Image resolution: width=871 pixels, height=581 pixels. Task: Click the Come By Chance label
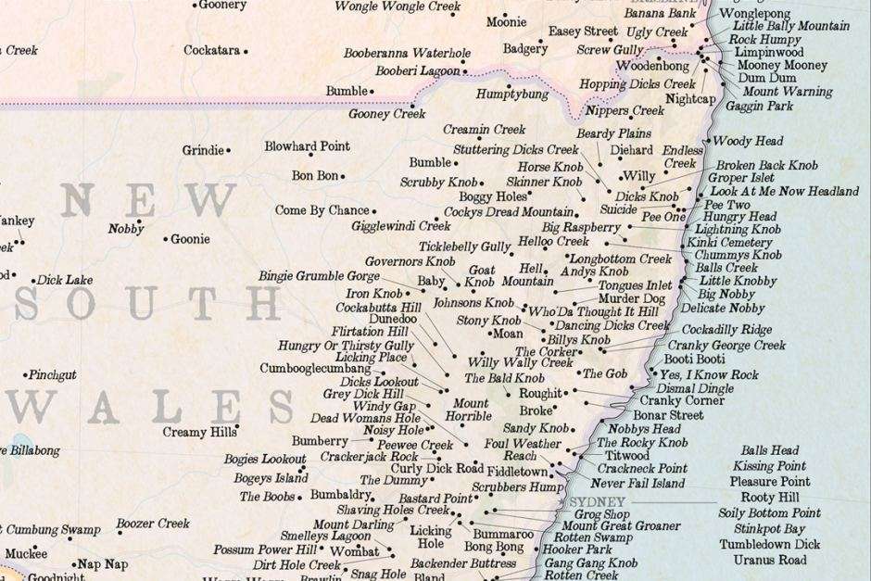[322, 210]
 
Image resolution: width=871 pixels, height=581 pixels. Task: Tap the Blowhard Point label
[307, 146]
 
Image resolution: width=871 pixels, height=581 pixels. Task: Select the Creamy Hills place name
[198, 432]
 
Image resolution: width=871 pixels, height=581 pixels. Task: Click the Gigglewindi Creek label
[400, 225]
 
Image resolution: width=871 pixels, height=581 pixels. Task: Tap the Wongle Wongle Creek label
[398, 6]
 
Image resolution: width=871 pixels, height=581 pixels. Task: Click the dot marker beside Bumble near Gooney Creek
[372, 92]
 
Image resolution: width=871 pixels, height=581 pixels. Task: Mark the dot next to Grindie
[228, 150]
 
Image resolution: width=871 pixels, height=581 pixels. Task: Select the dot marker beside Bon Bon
[342, 175]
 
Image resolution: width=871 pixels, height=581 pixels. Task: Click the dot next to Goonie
[166, 239]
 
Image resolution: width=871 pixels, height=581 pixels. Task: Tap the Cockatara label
[211, 50]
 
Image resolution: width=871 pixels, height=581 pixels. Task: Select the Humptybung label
[511, 95]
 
